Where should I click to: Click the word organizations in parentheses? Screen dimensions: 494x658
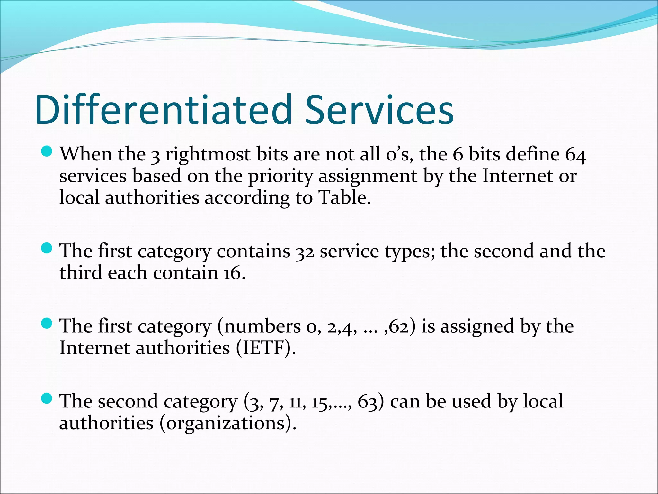pos(225,424)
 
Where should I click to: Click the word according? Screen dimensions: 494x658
pos(247,198)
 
